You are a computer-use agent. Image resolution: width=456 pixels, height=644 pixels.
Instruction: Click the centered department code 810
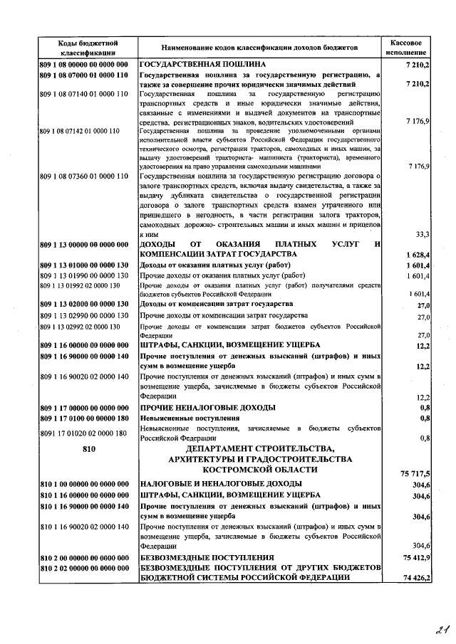pos(88,449)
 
